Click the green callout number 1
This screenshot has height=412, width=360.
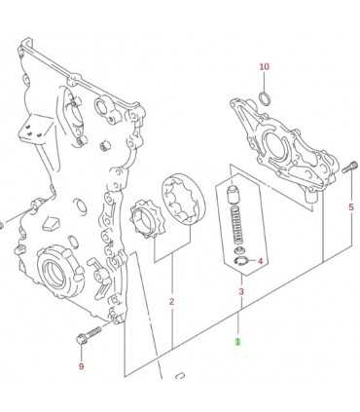[238, 342]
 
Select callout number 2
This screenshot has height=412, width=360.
[172, 302]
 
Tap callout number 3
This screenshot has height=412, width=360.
[241, 292]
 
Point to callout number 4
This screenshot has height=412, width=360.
[260, 261]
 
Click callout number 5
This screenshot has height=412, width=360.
[351, 206]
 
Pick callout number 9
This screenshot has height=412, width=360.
[81, 366]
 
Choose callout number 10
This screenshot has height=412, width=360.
[264, 66]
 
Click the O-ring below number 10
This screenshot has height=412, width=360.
[265, 97]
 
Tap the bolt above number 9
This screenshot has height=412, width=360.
[89, 335]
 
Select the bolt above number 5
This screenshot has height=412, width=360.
[349, 168]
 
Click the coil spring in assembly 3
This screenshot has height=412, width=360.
[239, 225]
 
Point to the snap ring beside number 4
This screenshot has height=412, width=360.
[240, 261]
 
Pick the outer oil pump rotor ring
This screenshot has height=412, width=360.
[183, 200]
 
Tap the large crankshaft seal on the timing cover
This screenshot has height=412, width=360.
[57, 271]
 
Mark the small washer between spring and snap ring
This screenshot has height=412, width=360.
[240, 250]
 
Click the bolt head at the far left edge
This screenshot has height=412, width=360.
[1, 225]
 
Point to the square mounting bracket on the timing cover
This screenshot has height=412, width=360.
[35, 130]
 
